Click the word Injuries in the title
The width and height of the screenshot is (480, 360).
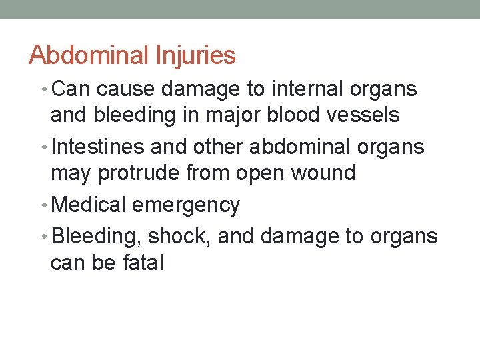202,55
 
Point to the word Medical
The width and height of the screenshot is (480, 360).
88,205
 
